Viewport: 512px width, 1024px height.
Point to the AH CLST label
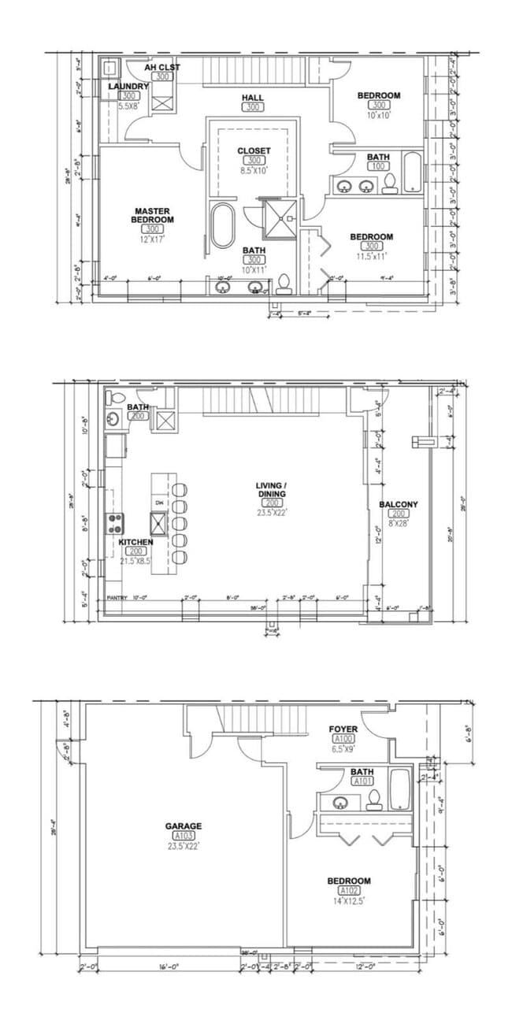[x=162, y=68]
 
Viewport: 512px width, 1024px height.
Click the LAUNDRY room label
[x=128, y=86]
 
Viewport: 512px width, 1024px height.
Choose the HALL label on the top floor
[x=252, y=98]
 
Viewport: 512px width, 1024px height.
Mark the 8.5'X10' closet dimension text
[x=254, y=170]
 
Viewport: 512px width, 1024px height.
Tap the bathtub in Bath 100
[x=413, y=173]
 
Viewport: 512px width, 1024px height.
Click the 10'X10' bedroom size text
[x=379, y=115]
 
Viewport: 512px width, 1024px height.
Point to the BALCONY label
[x=399, y=504]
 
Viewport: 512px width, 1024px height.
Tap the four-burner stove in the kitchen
[x=116, y=520]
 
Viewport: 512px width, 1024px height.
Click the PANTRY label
[x=117, y=599]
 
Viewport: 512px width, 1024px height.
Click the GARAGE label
[x=184, y=826]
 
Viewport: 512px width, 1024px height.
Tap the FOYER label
[x=343, y=729]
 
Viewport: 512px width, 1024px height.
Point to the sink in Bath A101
[x=341, y=803]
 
